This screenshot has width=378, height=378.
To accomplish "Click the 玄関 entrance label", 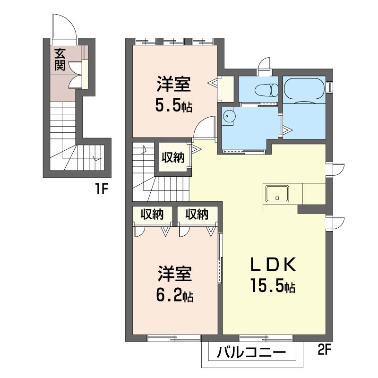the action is click(60, 60).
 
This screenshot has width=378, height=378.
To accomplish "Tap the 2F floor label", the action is click(324, 350).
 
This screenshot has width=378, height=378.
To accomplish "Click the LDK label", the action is click(273, 265).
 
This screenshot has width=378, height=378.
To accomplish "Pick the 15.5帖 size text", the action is click(273, 286).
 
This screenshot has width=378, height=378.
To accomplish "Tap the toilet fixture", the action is click(266, 90).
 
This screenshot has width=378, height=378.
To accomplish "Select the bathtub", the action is click(304, 88).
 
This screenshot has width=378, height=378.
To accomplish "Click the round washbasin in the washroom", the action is click(227, 116).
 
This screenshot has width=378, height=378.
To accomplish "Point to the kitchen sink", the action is click(277, 193).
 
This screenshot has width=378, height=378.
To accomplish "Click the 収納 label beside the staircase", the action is click(173, 158).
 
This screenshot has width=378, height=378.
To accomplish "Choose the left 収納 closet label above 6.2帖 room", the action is click(152, 214).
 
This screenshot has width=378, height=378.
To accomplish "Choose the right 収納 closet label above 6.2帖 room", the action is click(197, 214).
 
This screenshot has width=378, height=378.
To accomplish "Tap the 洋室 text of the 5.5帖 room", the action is click(174, 84).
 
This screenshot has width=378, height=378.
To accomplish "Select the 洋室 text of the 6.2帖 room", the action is click(175, 274).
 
